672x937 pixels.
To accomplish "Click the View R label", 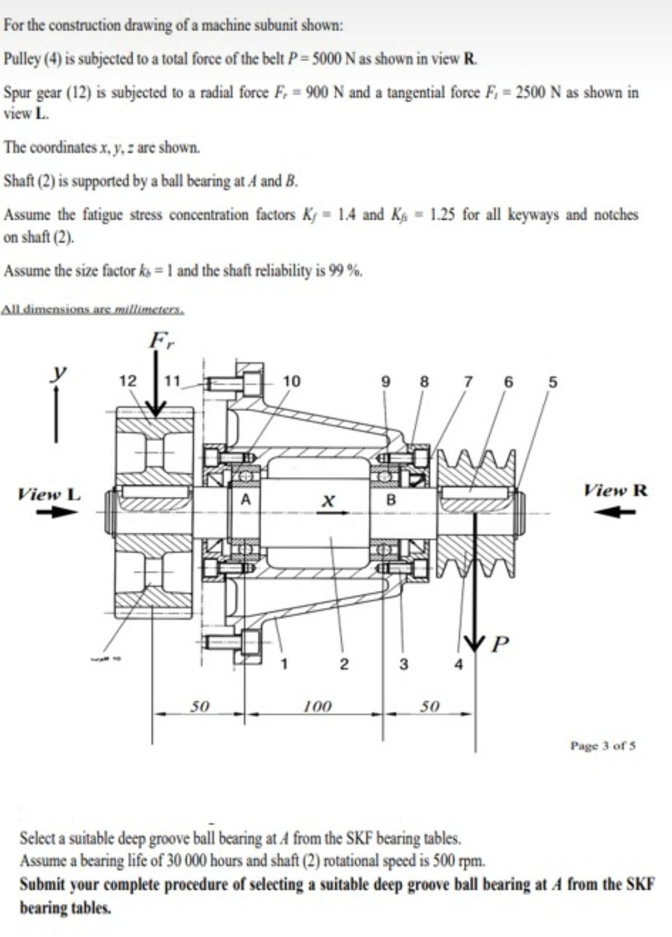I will [615, 490].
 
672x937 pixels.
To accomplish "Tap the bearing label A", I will [246, 499].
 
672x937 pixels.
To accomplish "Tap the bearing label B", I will [391, 500].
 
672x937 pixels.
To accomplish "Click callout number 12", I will [128, 381].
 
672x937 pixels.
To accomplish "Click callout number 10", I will [291, 381].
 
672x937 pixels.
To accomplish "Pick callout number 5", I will [552, 381].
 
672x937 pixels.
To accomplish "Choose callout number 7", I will [469, 381].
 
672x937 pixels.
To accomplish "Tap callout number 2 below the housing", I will [343, 664].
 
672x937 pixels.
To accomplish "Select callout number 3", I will [403, 664].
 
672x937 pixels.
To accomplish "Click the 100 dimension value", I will [317, 706].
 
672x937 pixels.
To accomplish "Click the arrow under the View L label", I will [57, 513].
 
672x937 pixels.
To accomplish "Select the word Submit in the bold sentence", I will [42, 884].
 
